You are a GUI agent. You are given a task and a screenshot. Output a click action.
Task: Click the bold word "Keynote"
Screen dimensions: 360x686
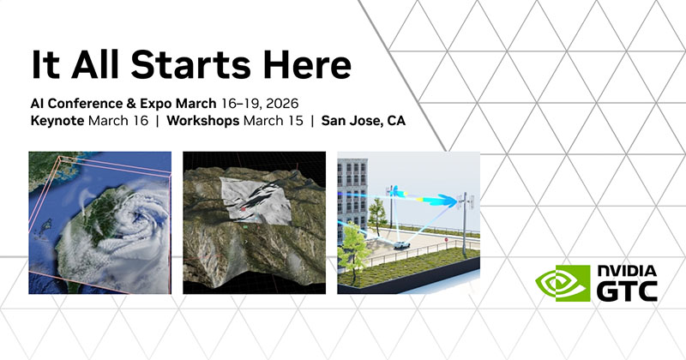click(x=56, y=121)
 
